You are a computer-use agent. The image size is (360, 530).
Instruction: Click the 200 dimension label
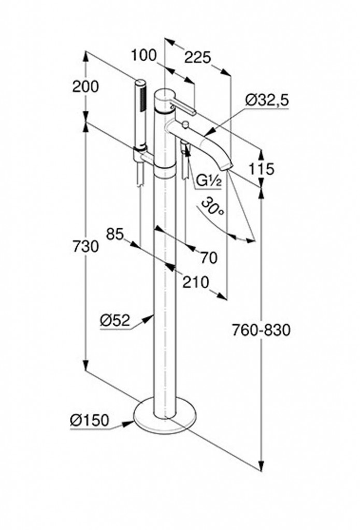[x=85, y=87]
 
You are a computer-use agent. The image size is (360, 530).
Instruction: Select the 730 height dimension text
[x=85, y=246]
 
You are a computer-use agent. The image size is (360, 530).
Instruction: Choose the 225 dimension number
[x=197, y=57]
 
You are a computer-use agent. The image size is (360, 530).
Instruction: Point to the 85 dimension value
[x=116, y=234]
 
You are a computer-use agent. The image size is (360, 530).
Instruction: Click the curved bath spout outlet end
[x=226, y=165]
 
